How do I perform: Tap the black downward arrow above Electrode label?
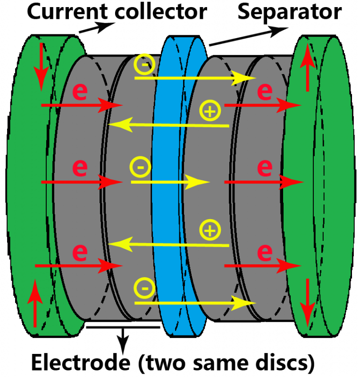point(124,337)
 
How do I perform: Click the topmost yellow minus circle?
point(143,64)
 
